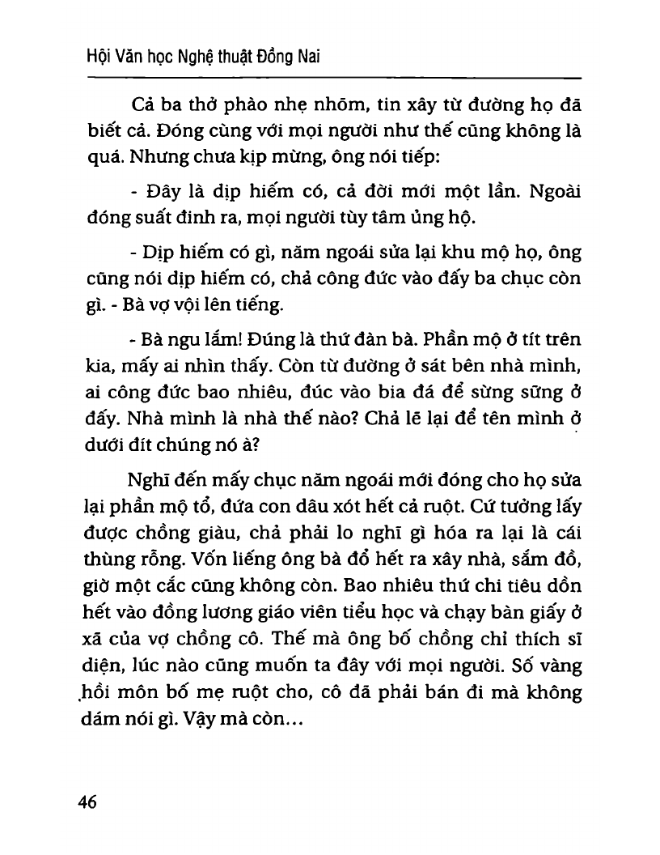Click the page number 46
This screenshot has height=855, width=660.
[x=87, y=802]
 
